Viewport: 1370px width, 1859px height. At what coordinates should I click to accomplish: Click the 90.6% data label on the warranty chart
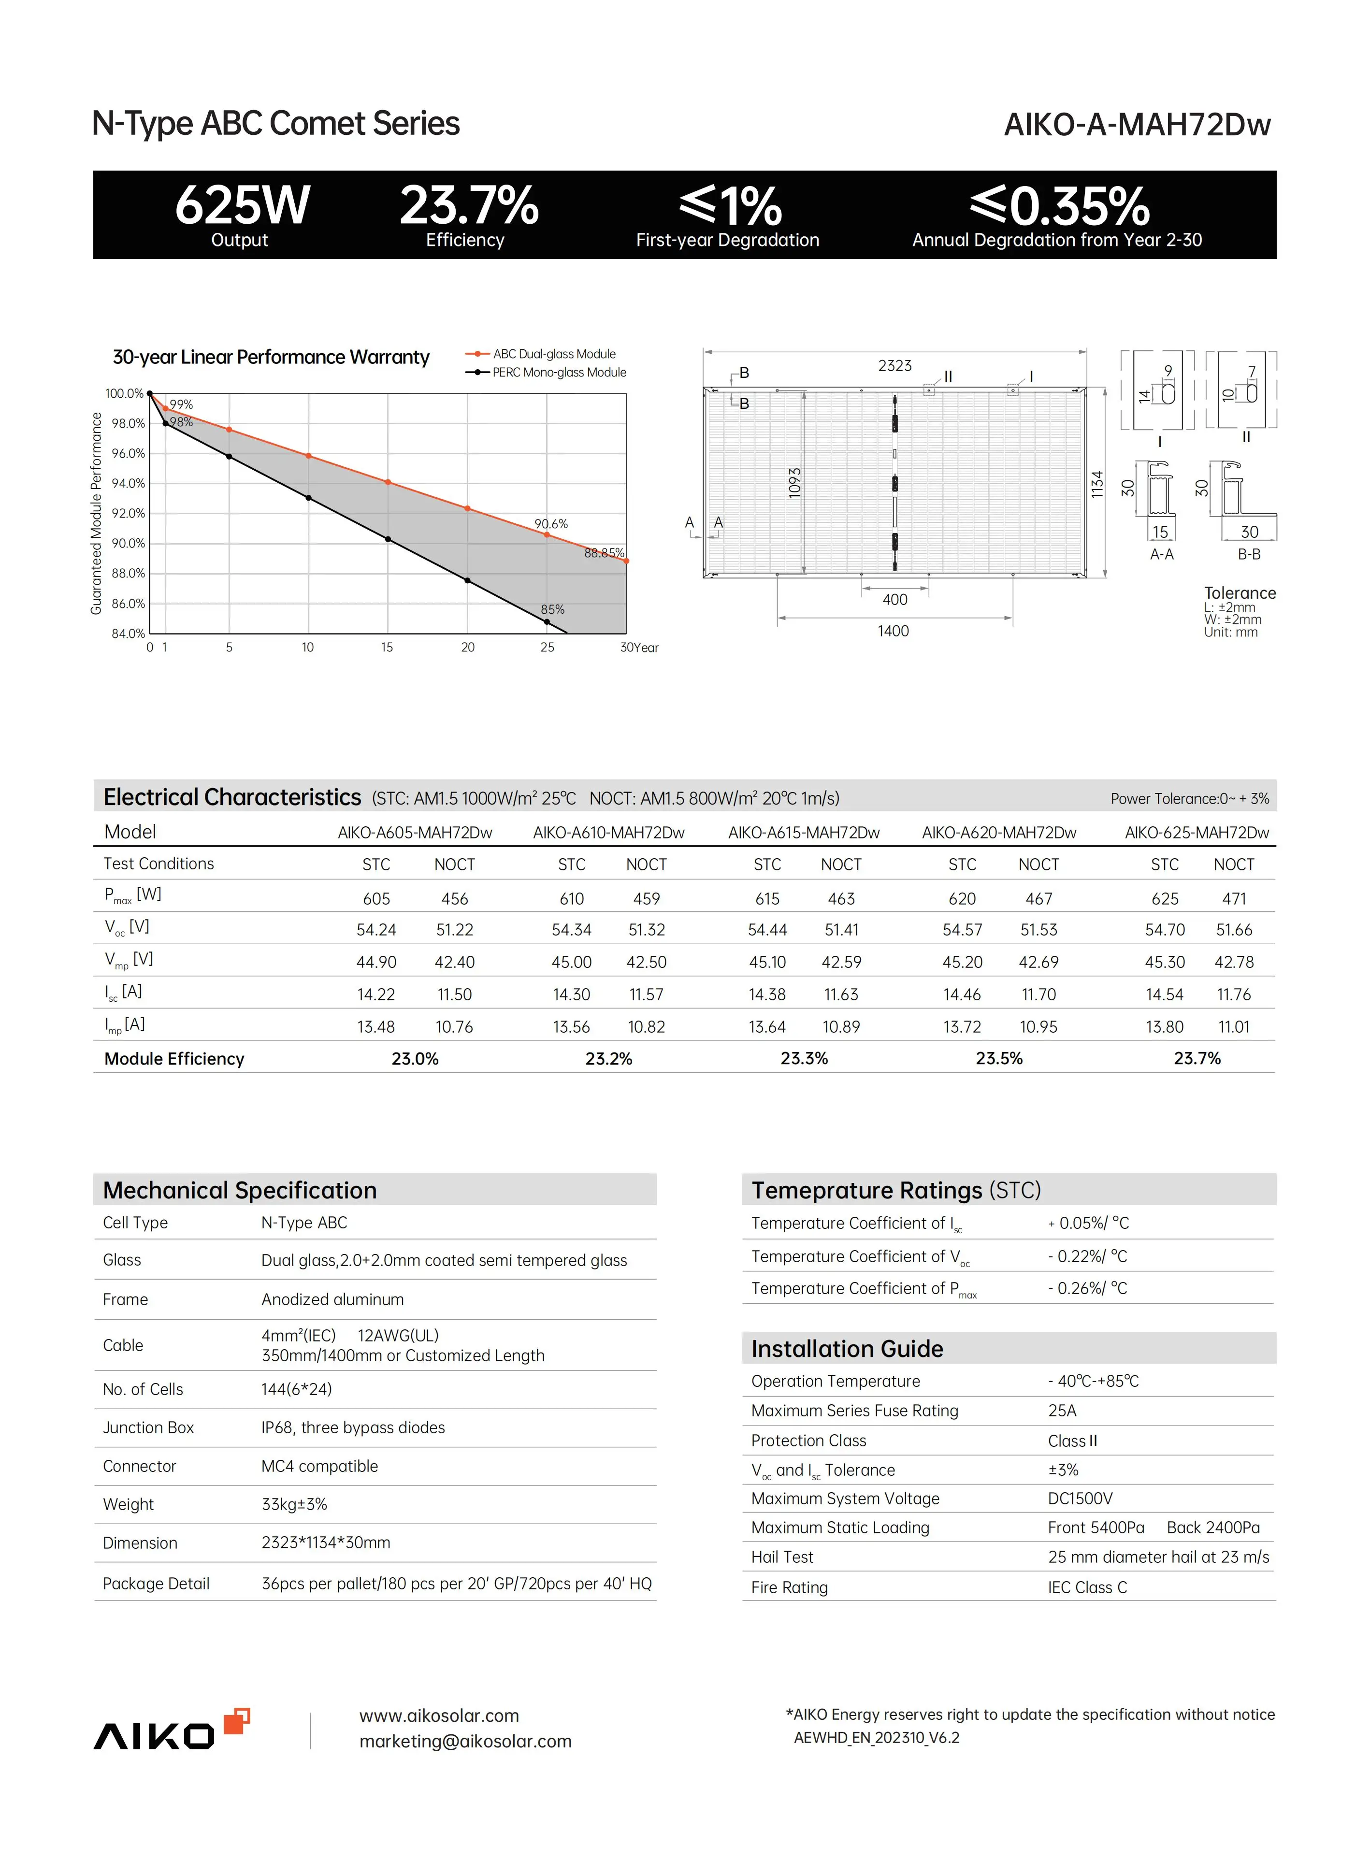[550, 524]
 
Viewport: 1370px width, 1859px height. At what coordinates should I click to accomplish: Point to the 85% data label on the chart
[552, 609]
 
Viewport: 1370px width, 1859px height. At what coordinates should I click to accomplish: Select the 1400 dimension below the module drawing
[893, 631]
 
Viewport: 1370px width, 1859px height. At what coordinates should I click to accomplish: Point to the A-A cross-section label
[1161, 554]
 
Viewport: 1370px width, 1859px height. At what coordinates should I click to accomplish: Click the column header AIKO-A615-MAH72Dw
[804, 833]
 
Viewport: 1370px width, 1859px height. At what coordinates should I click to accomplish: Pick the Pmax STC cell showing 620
[962, 899]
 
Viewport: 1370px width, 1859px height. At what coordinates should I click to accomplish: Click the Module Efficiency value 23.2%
[609, 1059]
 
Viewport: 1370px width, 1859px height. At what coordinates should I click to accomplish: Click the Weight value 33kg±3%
[294, 1504]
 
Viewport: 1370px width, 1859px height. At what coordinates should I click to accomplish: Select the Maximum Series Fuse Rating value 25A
[1062, 1411]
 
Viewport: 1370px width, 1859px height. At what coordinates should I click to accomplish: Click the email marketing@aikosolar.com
[465, 1741]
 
